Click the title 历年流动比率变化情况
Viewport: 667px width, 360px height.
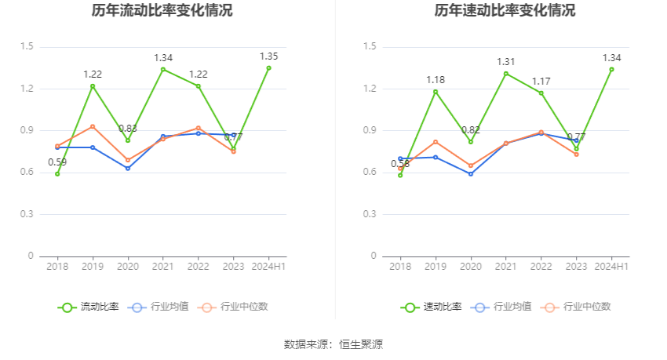click(162, 11)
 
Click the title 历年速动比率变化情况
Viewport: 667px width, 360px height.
click(505, 11)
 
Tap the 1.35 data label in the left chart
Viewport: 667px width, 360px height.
click(268, 56)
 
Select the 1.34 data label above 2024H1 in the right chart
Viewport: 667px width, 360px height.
click(611, 58)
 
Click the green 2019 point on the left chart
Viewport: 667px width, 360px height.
click(93, 86)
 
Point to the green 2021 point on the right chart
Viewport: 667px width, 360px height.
click(506, 74)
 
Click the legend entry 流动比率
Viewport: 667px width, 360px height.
click(89, 307)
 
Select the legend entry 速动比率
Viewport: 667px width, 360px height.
click(432, 307)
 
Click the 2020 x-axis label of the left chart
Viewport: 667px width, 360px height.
click(128, 267)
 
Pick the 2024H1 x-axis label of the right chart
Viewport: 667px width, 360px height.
click(611, 267)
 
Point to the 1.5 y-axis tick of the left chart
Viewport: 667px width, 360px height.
click(27, 47)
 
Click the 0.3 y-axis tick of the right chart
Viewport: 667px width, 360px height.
click(370, 214)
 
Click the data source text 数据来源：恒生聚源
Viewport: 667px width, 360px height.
click(333, 344)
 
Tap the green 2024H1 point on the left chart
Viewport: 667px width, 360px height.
click(268, 68)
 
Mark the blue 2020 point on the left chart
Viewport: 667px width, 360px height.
click(128, 168)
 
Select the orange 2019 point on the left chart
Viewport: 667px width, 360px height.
click(93, 126)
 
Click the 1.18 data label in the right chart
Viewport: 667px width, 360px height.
click(436, 80)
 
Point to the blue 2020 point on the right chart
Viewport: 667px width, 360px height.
click(471, 173)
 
